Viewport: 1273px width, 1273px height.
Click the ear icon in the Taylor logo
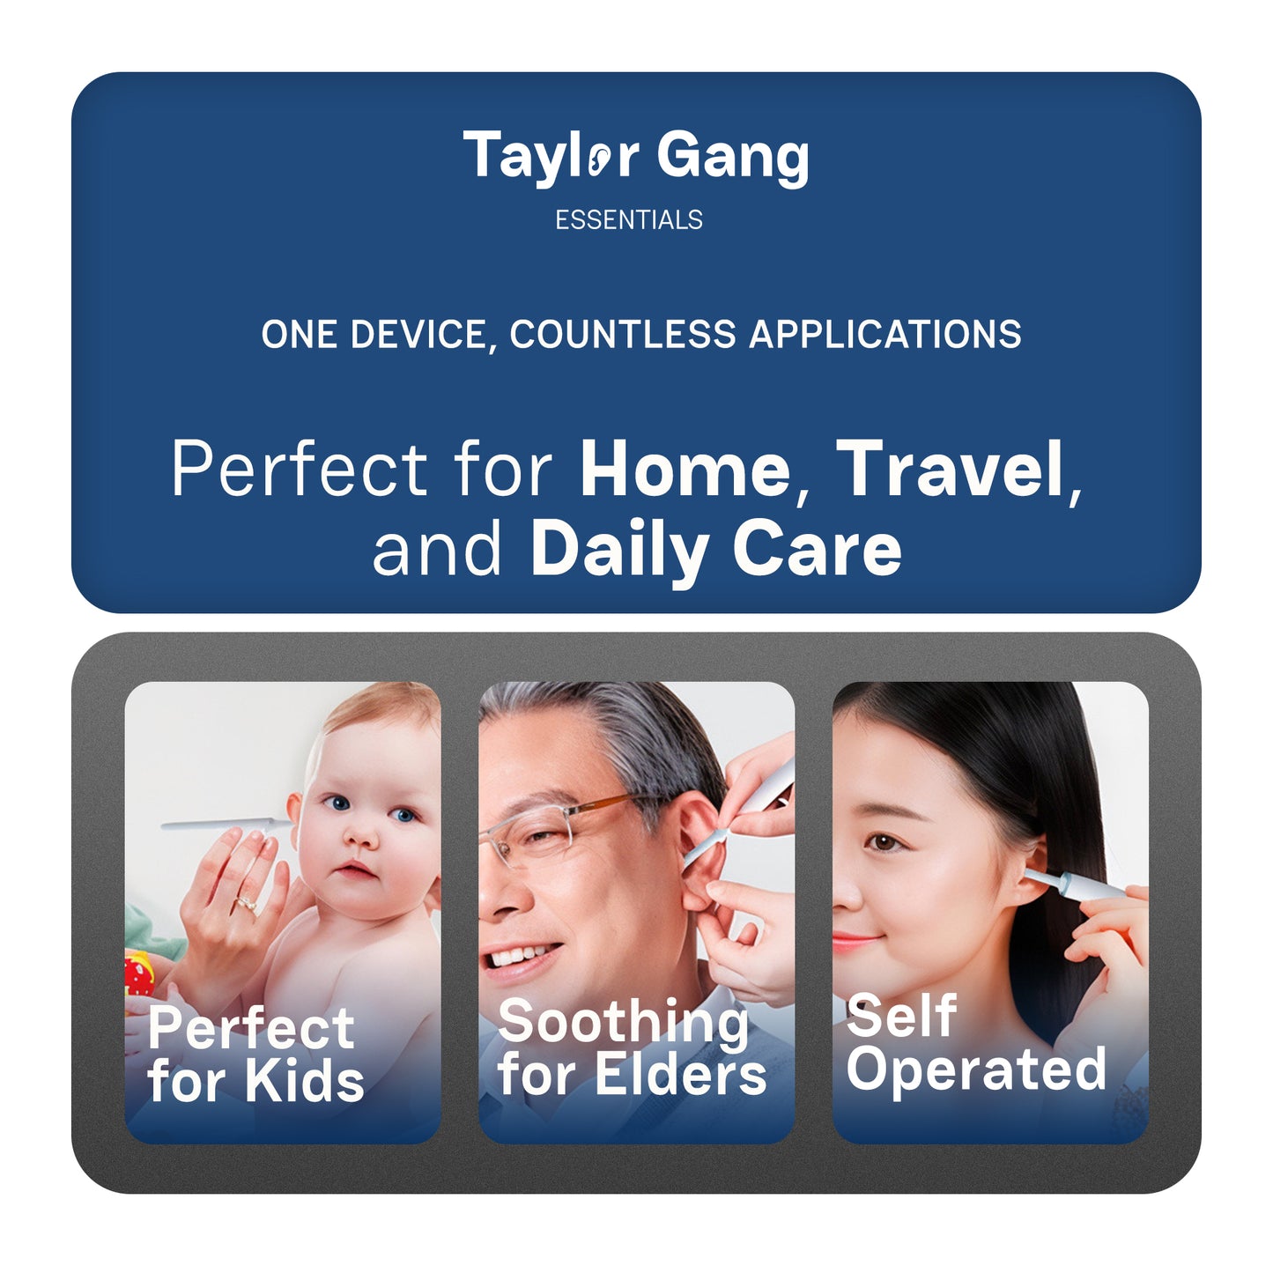(x=597, y=159)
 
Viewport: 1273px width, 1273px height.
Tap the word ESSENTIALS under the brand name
(x=629, y=220)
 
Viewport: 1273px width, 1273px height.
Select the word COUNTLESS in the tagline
(x=622, y=334)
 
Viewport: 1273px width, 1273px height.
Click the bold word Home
(x=685, y=469)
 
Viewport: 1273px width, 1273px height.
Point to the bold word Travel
(x=950, y=469)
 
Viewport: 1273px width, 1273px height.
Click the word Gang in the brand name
(x=733, y=159)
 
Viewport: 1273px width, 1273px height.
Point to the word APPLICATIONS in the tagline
(x=885, y=334)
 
